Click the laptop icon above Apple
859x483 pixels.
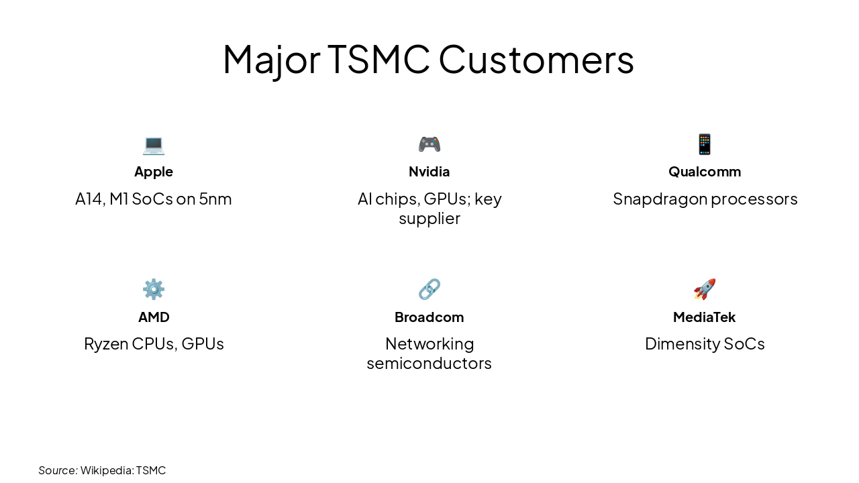click(154, 144)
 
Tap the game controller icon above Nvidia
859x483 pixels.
click(429, 144)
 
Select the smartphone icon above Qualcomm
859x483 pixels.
click(705, 144)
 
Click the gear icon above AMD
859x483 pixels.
click(154, 289)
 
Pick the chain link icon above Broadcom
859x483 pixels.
click(429, 289)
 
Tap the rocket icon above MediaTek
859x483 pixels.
click(705, 289)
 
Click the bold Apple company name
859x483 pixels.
click(154, 172)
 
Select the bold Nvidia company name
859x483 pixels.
click(429, 172)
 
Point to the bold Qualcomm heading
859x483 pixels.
click(705, 172)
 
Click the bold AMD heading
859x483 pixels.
click(154, 317)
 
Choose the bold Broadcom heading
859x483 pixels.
click(429, 317)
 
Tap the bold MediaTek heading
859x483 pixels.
click(705, 317)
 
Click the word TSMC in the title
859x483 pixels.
click(378, 59)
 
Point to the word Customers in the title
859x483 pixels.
click(536, 59)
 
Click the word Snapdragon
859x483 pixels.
click(660, 199)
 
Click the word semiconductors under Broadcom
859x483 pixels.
click(429, 364)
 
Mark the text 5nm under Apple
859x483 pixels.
click(215, 199)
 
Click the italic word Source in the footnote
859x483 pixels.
click(58, 470)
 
